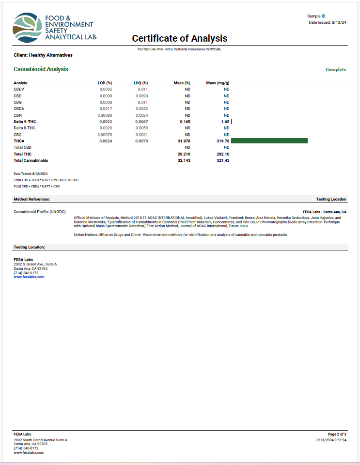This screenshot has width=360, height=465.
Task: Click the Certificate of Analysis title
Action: coord(179,39)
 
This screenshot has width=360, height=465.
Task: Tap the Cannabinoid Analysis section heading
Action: coord(41,69)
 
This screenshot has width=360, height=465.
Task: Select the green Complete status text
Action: coord(336,70)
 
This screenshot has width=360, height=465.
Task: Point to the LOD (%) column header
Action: coord(105,83)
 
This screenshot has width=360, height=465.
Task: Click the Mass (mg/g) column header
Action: coord(218,83)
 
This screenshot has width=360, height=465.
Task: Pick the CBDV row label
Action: coord(19,89)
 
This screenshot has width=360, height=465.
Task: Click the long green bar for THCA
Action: coord(269,140)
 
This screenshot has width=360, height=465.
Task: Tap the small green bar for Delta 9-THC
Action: coord(232,121)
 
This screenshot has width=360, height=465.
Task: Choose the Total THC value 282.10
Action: coord(221,154)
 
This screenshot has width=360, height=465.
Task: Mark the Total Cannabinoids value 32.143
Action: coord(182,160)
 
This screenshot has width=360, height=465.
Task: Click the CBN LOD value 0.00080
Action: coord(105,115)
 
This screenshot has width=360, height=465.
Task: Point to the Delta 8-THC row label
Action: coord(24,128)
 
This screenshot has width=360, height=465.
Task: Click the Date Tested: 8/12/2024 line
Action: coord(31,173)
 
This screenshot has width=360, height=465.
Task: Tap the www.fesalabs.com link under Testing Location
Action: coord(29,277)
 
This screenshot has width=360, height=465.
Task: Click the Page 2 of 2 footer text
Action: coord(337,434)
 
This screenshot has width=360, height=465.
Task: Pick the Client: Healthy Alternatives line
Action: coord(43,55)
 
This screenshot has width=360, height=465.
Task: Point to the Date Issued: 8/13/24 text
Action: coord(328,22)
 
